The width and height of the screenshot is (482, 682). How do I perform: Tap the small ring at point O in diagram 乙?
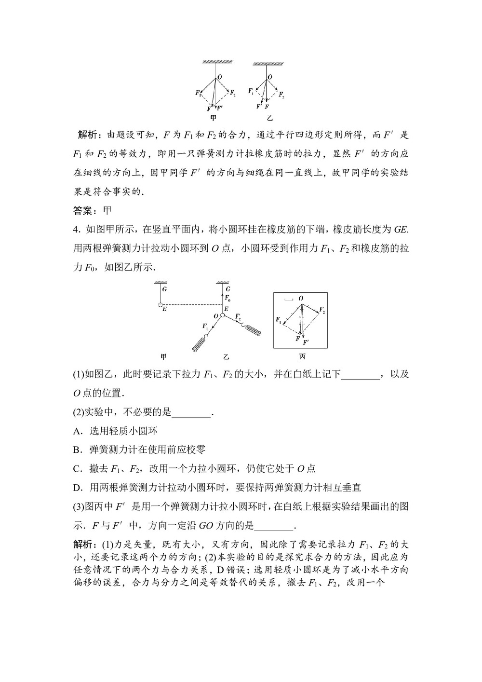(x=223, y=315)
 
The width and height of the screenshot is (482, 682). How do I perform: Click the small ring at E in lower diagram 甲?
(x=161, y=305)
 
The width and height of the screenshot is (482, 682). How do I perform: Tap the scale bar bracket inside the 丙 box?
(x=289, y=300)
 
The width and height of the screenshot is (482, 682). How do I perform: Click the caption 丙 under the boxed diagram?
(x=302, y=357)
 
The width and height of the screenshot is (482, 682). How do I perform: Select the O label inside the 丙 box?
(x=301, y=299)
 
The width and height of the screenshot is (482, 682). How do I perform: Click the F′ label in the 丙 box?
(x=306, y=342)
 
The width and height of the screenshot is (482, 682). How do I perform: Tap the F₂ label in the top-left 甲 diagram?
(x=233, y=93)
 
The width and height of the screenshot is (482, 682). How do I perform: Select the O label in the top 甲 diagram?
(x=220, y=77)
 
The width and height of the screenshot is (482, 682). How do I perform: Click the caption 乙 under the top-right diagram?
(x=269, y=118)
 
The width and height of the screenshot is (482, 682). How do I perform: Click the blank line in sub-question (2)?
(x=191, y=412)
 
